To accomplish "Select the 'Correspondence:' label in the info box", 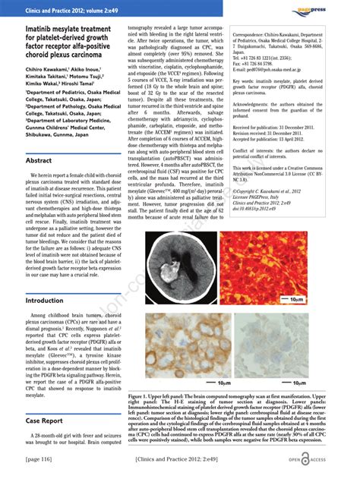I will pyautogui.click(x=256, y=35).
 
